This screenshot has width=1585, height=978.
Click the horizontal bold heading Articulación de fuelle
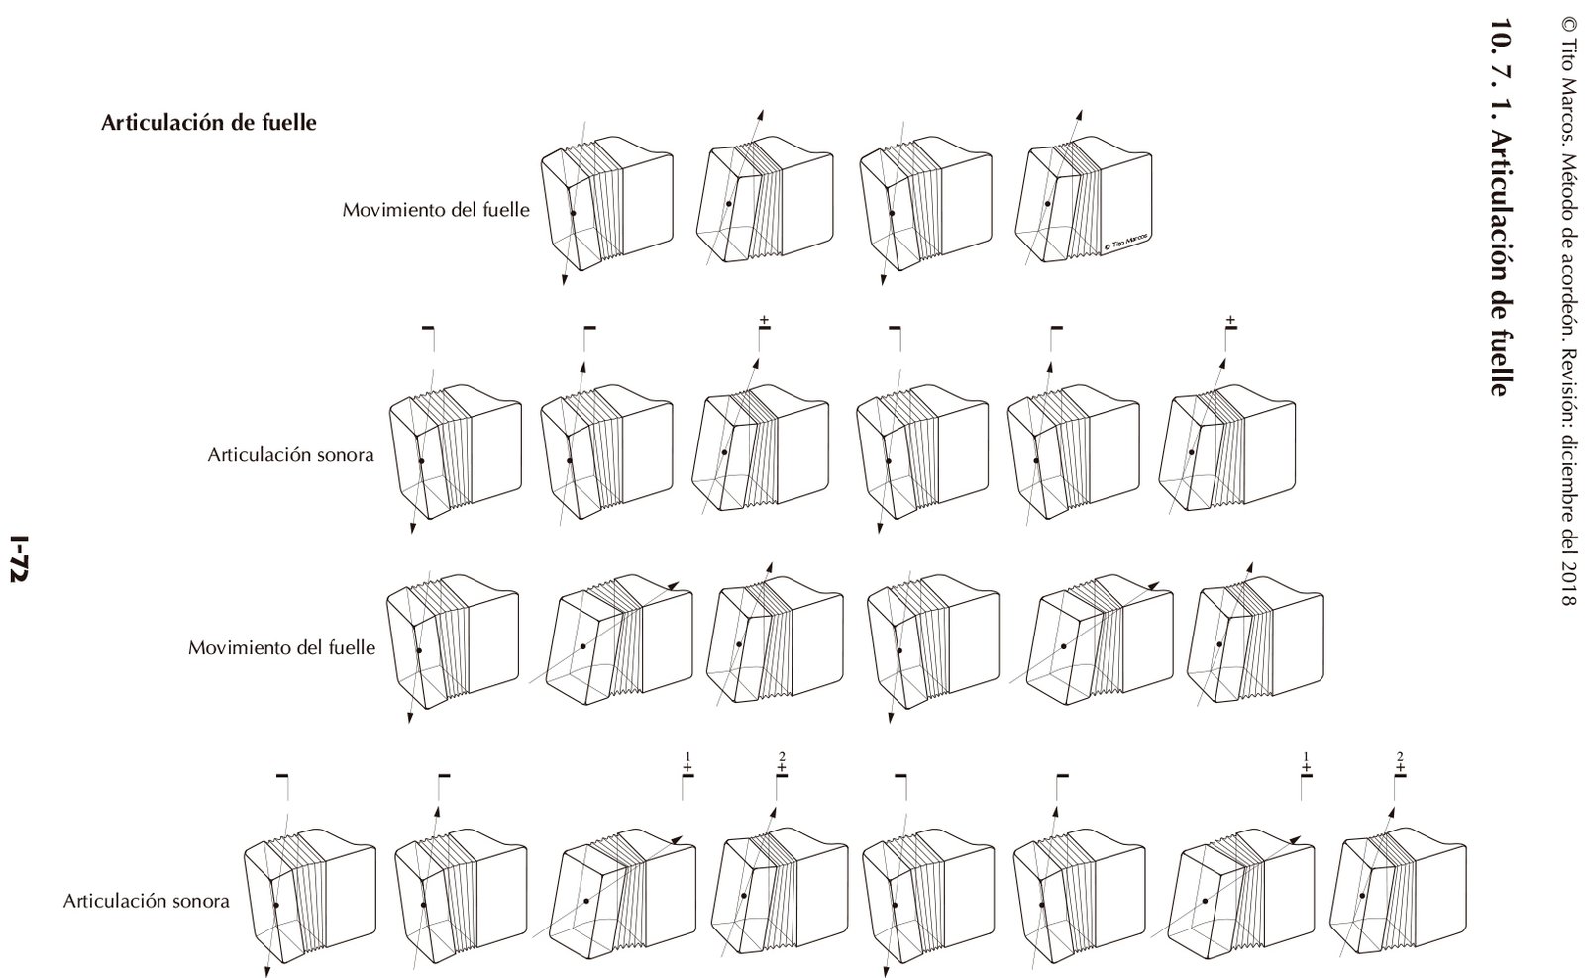click(x=209, y=124)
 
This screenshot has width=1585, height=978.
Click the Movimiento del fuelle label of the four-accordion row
click(x=436, y=210)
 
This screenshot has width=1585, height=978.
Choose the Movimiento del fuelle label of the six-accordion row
click(x=282, y=648)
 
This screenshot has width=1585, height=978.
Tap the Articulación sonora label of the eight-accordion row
click(x=147, y=901)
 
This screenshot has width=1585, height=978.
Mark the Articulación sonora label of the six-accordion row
click(x=290, y=455)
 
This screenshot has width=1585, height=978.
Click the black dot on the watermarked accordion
click(x=1048, y=203)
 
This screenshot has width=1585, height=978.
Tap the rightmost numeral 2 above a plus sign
click(x=1400, y=757)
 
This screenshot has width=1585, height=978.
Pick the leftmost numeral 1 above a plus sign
click(x=687, y=757)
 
